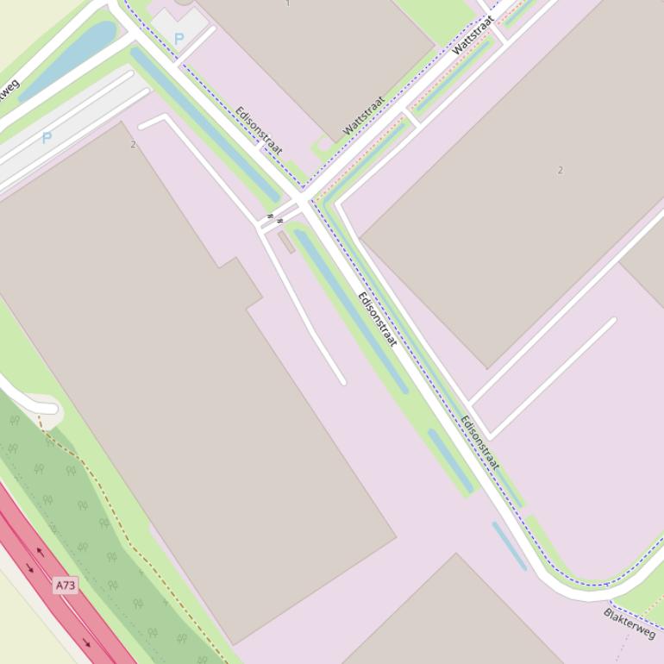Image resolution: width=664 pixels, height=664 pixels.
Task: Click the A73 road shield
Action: pyautogui.click(x=66, y=586)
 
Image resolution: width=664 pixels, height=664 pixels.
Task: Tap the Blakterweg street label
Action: pyautogui.click(x=630, y=623)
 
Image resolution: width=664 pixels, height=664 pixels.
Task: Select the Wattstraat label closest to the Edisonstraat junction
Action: pyautogui.click(x=363, y=116)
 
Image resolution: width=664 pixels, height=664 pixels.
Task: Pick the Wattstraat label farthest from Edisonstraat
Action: pyautogui.click(x=473, y=34)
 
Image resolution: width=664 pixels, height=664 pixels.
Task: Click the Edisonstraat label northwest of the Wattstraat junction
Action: pyautogui.click(x=259, y=130)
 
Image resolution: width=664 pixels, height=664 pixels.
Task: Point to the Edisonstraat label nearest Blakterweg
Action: pyautogui.click(x=479, y=442)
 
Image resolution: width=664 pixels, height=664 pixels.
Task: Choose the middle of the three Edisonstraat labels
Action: pyautogui.click(x=378, y=319)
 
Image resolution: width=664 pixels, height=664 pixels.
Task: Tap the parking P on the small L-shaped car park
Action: pyautogui.click(x=179, y=39)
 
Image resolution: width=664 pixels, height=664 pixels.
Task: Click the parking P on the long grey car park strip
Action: pyautogui.click(x=47, y=137)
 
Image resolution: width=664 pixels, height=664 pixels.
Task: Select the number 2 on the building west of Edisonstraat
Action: pyautogui.click(x=133, y=144)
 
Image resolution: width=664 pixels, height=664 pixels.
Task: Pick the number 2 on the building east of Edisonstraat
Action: pyautogui.click(x=560, y=170)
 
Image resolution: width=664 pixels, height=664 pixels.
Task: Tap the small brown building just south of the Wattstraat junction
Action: pyautogui.click(x=286, y=241)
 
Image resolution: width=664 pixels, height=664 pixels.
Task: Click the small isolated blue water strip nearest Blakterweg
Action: pyautogui.click(x=509, y=545)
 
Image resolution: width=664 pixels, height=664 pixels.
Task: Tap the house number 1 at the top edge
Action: pyautogui.click(x=287, y=3)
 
